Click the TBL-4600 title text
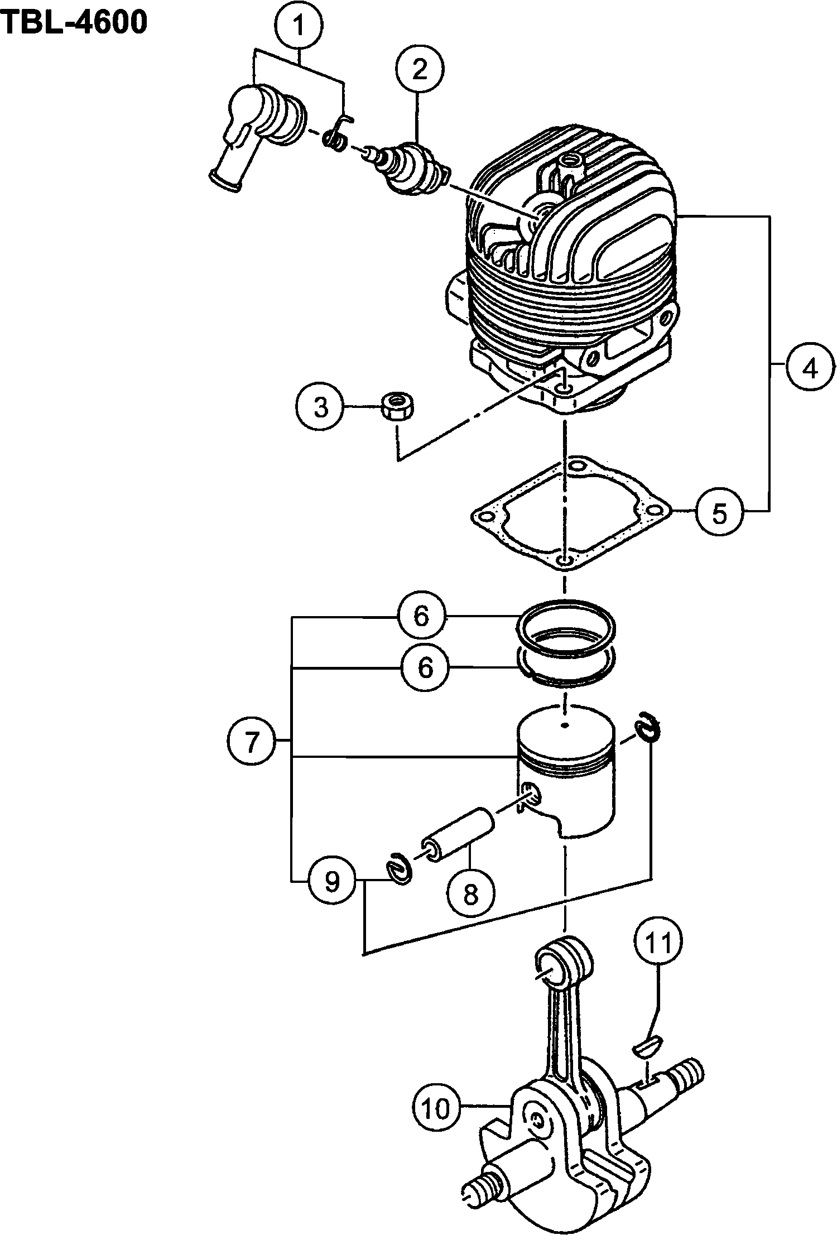(x=74, y=22)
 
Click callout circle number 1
(x=299, y=25)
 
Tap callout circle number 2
(x=420, y=70)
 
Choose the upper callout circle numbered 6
(x=422, y=616)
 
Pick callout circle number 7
(x=251, y=741)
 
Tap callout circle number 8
(x=471, y=895)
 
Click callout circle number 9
(x=331, y=881)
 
